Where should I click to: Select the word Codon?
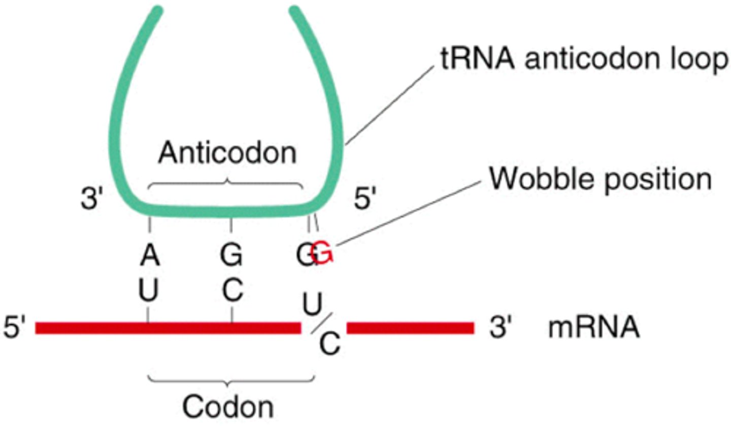228,406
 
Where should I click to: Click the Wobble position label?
600,178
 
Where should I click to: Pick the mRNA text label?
593,329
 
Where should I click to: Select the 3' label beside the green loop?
91,200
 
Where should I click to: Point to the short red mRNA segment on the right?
410,328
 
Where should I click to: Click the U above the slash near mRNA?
311,304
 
